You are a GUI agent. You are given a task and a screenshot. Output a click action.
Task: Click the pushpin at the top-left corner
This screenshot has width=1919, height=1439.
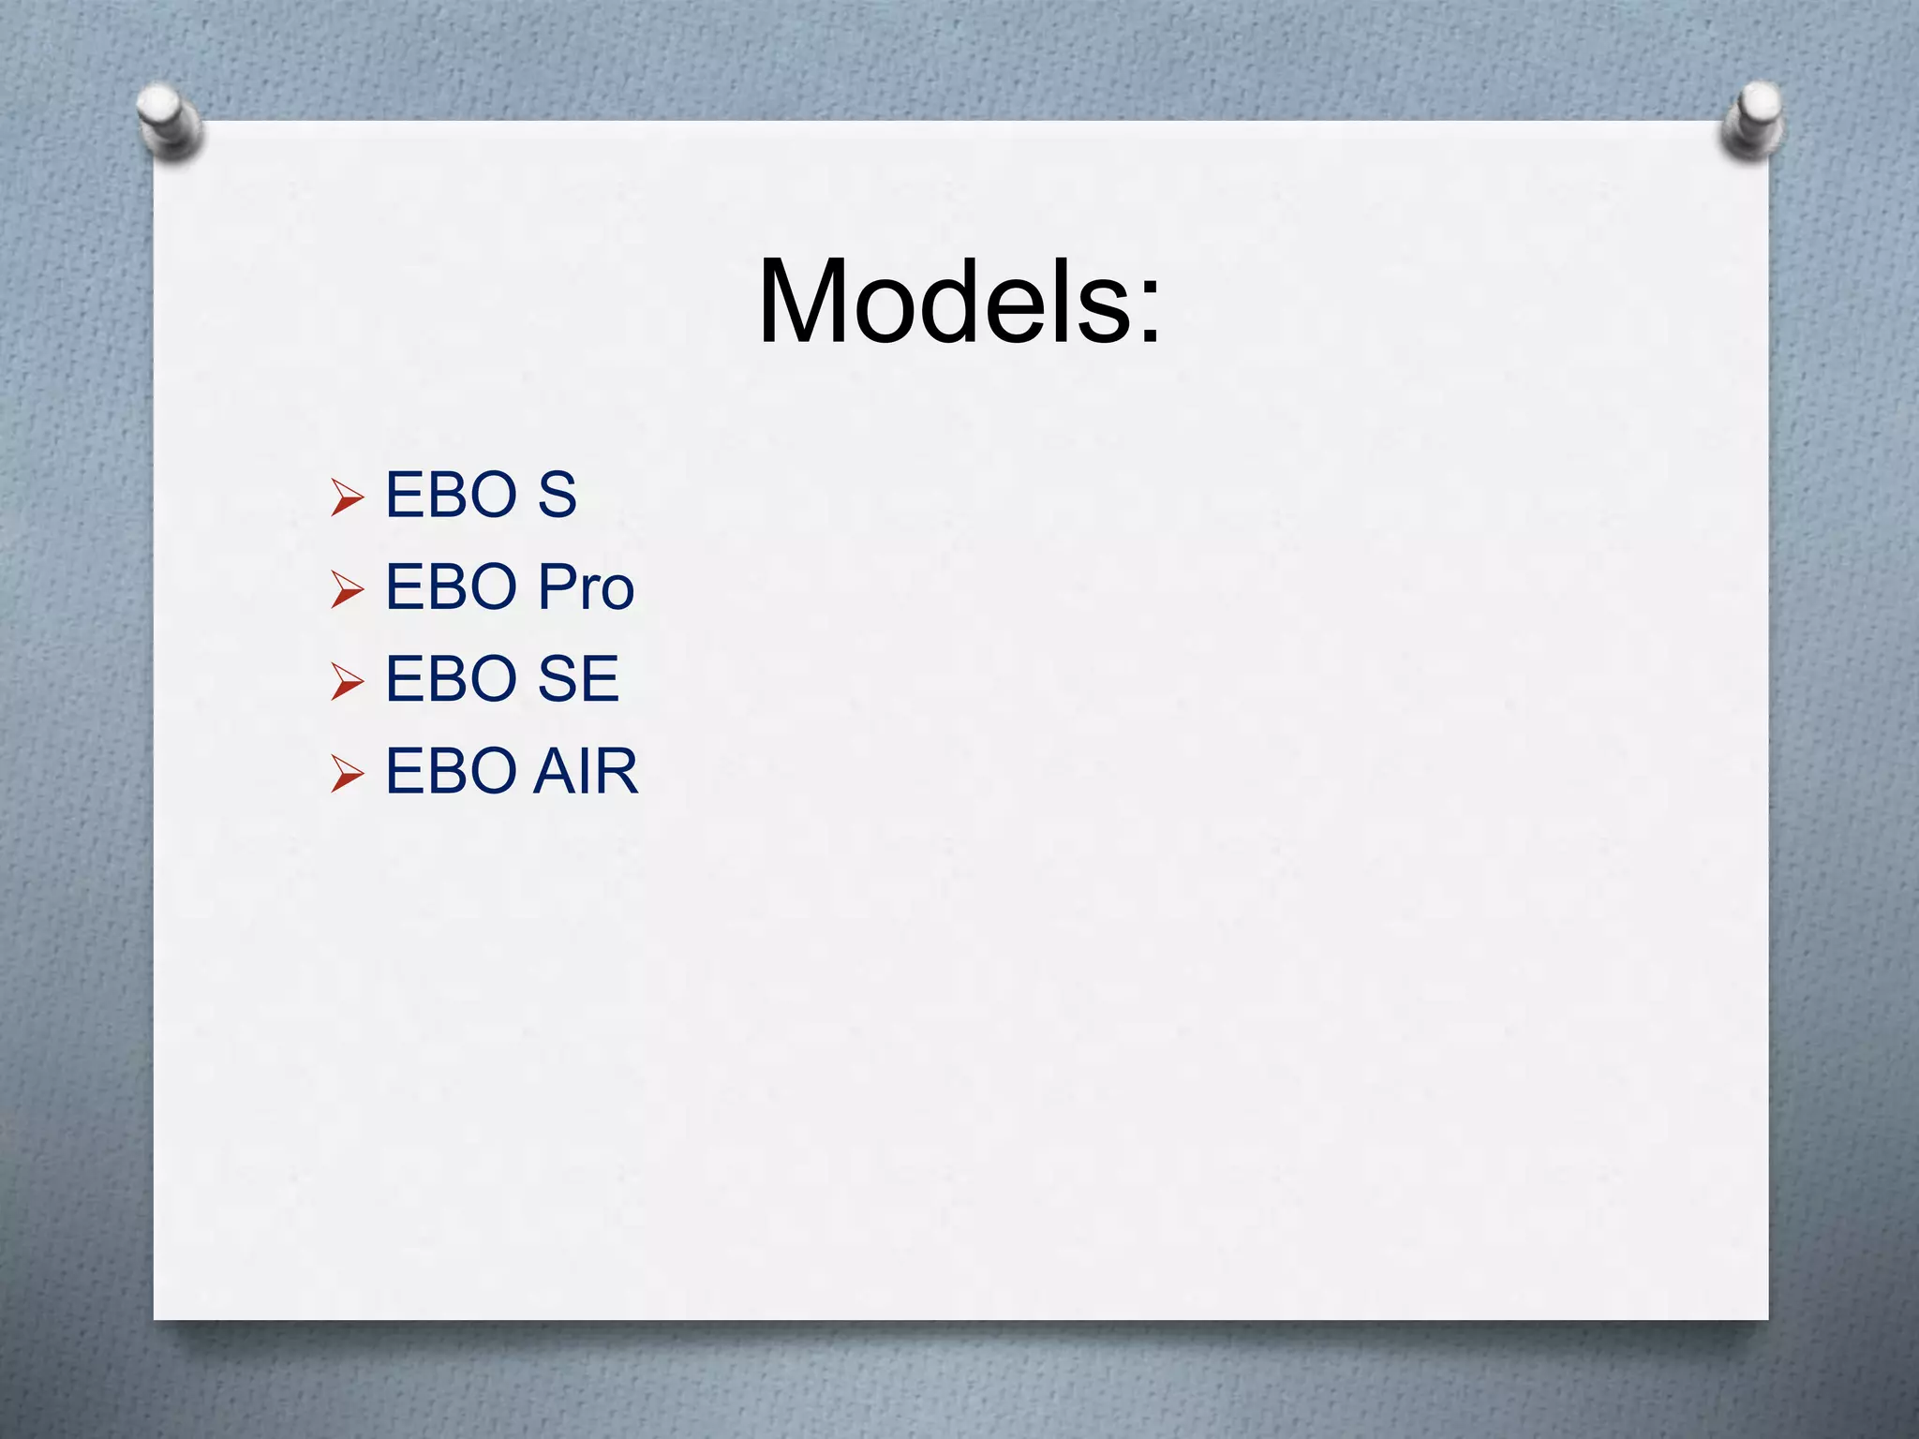click(x=169, y=122)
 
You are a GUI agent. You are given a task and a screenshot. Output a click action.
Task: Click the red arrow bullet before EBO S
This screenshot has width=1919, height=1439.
click(x=347, y=497)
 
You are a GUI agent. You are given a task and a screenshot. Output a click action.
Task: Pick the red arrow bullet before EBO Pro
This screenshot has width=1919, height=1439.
click(x=347, y=589)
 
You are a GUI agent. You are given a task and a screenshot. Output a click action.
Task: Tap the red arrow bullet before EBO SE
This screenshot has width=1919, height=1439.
click(x=347, y=681)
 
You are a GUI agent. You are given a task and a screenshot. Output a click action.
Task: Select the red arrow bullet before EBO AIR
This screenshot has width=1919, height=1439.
click(x=347, y=774)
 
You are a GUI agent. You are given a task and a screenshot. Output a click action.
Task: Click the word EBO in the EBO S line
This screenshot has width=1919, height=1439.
click(x=452, y=495)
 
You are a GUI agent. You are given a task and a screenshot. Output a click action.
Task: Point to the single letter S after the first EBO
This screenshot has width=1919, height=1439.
click(x=557, y=495)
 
